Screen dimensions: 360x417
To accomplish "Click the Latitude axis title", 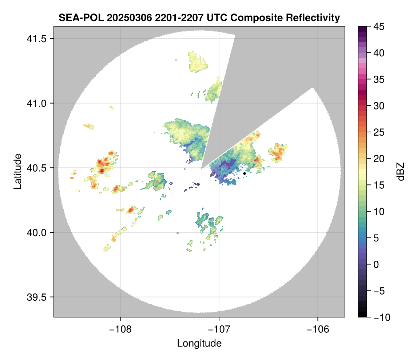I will click(17, 171).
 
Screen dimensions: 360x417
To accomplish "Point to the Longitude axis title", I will click(199, 343).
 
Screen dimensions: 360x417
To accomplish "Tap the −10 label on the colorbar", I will click(380, 317).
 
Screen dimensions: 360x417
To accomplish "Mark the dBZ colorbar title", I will click(401, 171).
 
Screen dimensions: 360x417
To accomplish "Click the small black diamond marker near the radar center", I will click(245, 174).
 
